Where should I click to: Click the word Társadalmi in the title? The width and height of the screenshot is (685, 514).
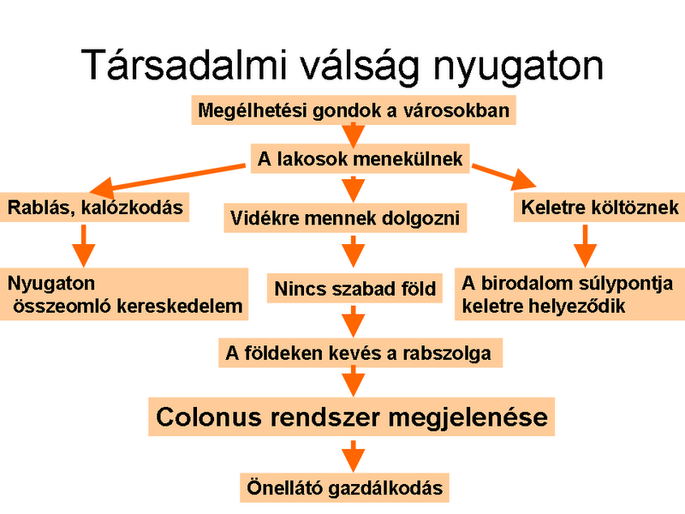[x=184, y=65]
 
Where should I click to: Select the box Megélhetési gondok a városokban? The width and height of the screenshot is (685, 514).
[x=354, y=111]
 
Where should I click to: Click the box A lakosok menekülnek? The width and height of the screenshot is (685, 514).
[x=360, y=158]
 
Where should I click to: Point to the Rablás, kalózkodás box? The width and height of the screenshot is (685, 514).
[x=94, y=207]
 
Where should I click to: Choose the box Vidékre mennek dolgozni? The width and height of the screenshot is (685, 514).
[x=345, y=218]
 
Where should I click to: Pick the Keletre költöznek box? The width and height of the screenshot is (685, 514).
[x=599, y=207]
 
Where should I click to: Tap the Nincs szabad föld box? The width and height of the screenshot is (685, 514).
[x=354, y=289]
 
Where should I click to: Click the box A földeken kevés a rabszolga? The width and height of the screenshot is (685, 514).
[x=360, y=353]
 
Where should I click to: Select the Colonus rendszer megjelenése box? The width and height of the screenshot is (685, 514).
[x=352, y=416]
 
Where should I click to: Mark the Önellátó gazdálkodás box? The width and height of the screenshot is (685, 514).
[x=345, y=487]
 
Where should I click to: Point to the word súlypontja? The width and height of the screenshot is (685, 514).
[x=625, y=284]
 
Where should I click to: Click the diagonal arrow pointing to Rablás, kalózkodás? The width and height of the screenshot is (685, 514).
[x=167, y=178]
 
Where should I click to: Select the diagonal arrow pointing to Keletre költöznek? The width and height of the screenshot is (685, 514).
[x=503, y=176]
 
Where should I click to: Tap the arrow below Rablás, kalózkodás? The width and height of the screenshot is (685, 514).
[x=83, y=246]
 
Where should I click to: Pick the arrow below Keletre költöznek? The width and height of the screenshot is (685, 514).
[x=585, y=246]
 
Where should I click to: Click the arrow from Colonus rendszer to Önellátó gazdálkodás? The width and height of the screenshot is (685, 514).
[x=354, y=457]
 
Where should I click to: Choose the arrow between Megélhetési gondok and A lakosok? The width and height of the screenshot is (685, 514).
[x=354, y=134]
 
